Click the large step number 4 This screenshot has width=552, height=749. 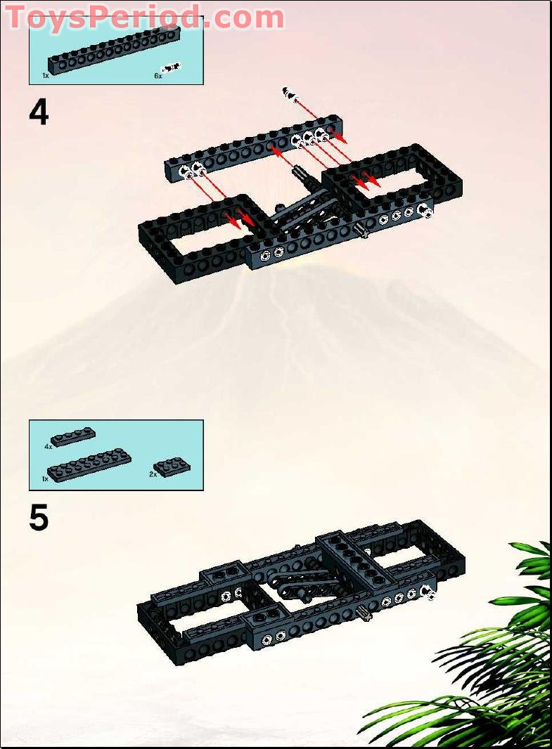[x=39, y=112]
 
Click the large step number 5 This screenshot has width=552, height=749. [x=39, y=518]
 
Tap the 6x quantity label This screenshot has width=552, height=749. [x=158, y=75]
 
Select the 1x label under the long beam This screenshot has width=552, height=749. [x=46, y=75]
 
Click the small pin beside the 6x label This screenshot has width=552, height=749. [x=171, y=67]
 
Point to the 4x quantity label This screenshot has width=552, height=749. [x=48, y=446]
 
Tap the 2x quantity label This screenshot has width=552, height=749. [x=153, y=474]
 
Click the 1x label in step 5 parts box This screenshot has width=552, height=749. [x=45, y=478]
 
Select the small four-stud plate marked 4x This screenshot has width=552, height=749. [x=73, y=436]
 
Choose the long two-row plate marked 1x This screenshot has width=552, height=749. [x=89, y=463]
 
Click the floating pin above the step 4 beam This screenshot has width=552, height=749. [x=289, y=93]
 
